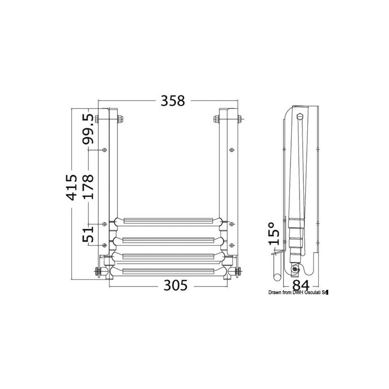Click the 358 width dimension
click(x=173, y=101)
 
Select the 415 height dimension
click(x=71, y=187)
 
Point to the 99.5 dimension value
click(x=88, y=129)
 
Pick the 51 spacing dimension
click(x=88, y=234)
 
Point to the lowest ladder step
click(x=168, y=270)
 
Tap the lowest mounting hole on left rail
click(x=105, y=245)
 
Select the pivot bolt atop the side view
click(x=300, y=117)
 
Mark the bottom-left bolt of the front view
click(x=96, y=272)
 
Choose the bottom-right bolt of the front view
click(x=239, y=272)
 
